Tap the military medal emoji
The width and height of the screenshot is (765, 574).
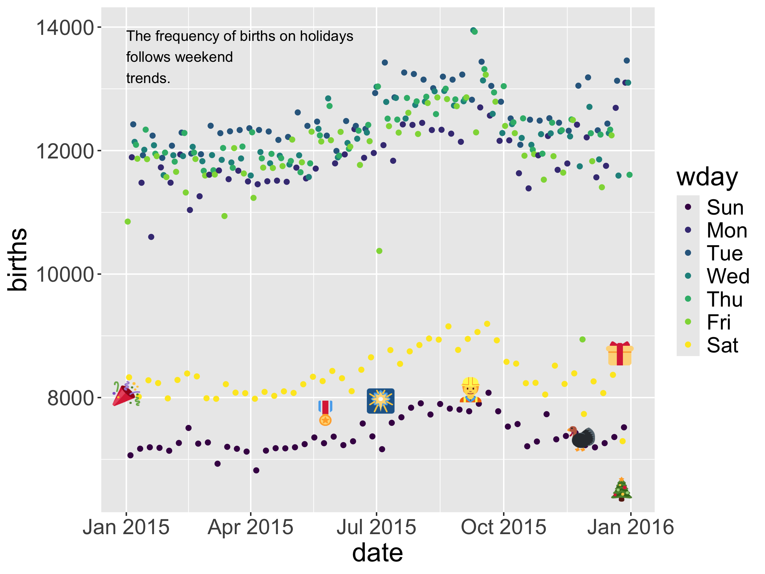(x=325, y=413)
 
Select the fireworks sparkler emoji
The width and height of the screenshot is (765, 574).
(x=381, y=401)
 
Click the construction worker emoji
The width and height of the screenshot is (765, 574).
(x=470, y=390)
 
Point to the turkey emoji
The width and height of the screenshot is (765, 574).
(x=582, y=438)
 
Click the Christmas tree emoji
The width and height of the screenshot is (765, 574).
(x=621, y=489)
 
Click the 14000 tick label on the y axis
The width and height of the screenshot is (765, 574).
(x=65, y=28)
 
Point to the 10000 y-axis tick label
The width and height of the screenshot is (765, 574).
(x=65, y=274)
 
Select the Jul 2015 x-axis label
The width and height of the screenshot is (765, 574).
(x=376, y=527)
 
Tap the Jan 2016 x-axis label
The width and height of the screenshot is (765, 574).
(x=631, y=527)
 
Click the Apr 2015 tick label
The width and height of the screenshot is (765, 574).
(x=250, y=527)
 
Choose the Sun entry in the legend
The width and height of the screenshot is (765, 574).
(x=725, y=207)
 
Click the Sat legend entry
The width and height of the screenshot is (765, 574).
(x=722, y=345)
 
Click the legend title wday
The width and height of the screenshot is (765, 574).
(x=707, y=177)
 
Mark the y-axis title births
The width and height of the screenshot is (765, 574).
(x=17, y=259)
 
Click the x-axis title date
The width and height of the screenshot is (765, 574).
(x=377, y=553)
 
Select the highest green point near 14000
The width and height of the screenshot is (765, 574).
(x=473, y=31)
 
